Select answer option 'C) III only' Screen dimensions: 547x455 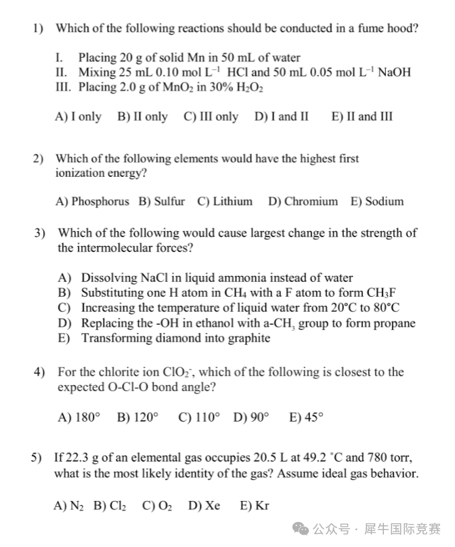211,117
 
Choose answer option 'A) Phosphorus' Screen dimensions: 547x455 92,201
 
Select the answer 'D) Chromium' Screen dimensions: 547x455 303,201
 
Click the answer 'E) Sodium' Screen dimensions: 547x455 376,201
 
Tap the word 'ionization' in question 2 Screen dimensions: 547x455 87,173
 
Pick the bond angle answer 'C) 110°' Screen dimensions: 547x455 198,418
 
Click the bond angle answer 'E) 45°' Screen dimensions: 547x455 306,418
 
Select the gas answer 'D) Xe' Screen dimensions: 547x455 204,506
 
